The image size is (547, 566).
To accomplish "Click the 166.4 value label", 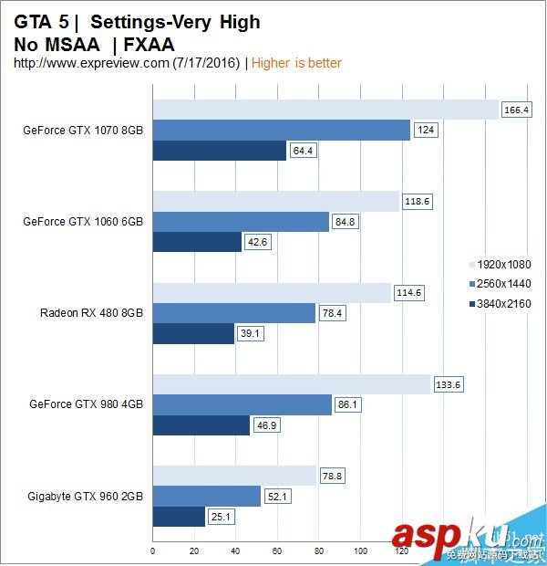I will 516,110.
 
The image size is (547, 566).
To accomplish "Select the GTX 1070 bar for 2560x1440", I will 281,131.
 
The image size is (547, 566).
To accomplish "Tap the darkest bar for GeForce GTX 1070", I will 219,151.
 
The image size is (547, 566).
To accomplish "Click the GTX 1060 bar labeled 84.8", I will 240,222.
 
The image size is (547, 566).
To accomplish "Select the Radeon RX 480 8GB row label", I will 91,313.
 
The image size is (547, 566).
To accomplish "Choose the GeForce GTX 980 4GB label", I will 86,404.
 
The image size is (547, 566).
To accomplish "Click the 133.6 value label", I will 448,384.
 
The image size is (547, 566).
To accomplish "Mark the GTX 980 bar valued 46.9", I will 201,424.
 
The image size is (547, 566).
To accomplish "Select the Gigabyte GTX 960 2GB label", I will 86,496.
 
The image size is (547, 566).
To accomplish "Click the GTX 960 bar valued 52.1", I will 206,496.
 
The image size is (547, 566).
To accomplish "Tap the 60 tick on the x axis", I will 276,551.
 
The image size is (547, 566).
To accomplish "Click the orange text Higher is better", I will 296,63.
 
